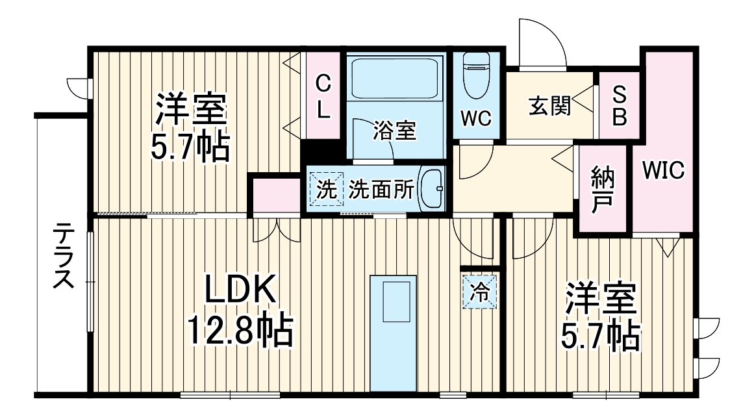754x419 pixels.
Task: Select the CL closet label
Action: [x=323, y=96]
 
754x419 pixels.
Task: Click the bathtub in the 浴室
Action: [x=395, y=78]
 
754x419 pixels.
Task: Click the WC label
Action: [x=476, y=119]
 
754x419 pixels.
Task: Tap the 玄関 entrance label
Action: [x=549, y=106]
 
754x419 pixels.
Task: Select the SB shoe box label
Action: [x=620, y=105]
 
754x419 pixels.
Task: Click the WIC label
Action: [x=663, y=171]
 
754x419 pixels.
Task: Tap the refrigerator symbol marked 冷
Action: [x=480, y=290]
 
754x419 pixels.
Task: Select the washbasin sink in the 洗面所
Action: [x=431, y=188]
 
